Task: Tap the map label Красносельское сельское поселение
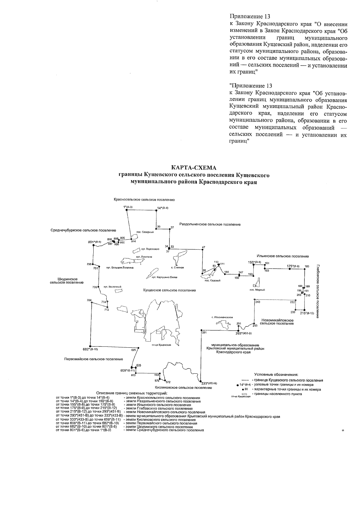pyautogui.click(x=144, y=199)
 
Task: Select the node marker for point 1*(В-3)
pyautogui.click(x=127, y=210)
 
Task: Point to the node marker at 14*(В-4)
pyautogui.click(x=156, y=210)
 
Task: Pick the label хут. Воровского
pyautogui.click(x=150, y=249)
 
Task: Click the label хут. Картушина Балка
pyautogui.click(x=165, y=277)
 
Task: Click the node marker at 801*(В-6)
pyautogui.click(x=93, y=245)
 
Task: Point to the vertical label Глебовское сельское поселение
pyautogui.click(x=318, y=291)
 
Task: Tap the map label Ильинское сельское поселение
pyautogui.click(x=283, y=256)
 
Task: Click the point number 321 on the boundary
pyautogui.click(x=204, y=332)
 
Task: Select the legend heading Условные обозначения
pyautogui.click(x=276, y=374)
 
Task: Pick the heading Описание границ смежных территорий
pyautogui.click(x=131, y=393)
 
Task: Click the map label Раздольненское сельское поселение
pyautogui.click(x=210, y=224)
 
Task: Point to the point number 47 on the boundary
pyautogui.click(x=203, y=247)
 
